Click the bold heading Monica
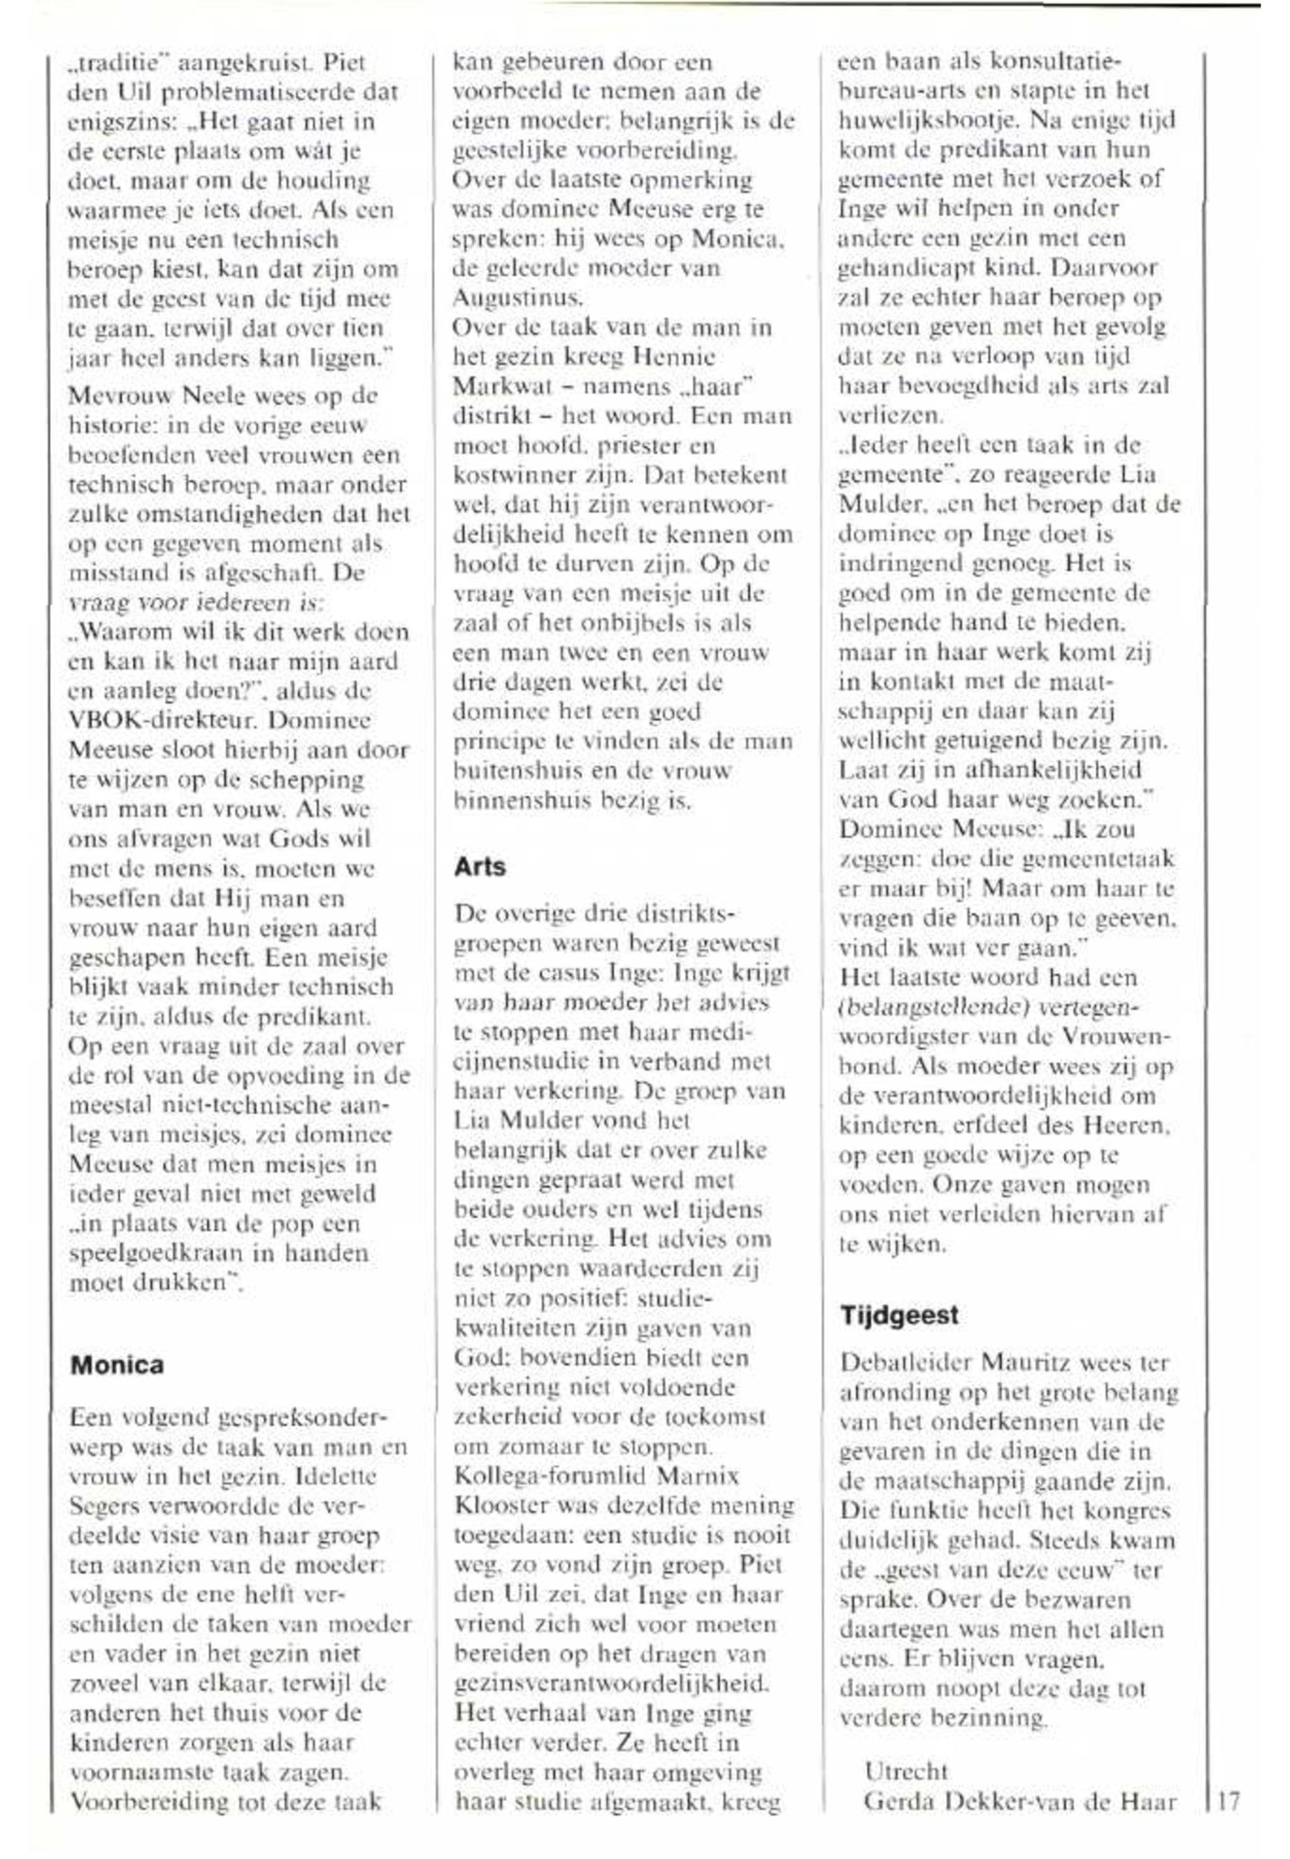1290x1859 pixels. coord(117,1366)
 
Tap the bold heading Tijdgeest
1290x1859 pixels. coord(898,1315)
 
